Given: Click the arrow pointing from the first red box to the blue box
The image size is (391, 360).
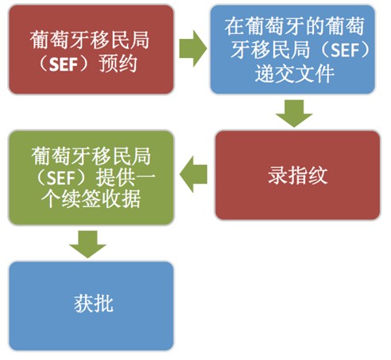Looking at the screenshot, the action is (x=193, y=48).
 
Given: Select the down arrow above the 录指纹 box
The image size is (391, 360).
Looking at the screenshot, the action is (x=294, y=113).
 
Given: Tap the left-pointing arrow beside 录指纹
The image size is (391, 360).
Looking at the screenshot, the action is (x=193, y=174).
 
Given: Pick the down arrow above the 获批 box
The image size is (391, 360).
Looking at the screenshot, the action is (x=87, y=244).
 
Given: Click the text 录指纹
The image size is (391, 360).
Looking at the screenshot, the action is (x=298, y=176).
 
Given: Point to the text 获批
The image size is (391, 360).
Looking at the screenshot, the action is (x=94, y=304).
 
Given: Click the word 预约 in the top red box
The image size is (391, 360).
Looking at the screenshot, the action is (x=118, y=64).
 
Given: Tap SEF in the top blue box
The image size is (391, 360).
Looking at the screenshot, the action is (x=345, y=50).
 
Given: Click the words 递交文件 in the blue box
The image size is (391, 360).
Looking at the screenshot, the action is (x=295, y=73).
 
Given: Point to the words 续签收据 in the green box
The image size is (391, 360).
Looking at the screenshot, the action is (x=101, y=199).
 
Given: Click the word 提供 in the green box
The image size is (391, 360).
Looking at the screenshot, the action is (x=115, y=178).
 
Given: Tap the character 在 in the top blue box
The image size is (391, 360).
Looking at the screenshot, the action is (x=234, y=26).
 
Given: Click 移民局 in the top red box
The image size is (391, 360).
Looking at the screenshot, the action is (x=119, y=41).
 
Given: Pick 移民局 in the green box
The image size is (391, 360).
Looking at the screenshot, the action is (x=121, y=156).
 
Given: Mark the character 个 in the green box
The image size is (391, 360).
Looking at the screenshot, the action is (x=52, y=199).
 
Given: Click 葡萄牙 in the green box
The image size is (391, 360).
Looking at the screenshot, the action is (x=61, y=156).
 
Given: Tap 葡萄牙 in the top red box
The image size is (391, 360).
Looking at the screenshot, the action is (x=60, y=41).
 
